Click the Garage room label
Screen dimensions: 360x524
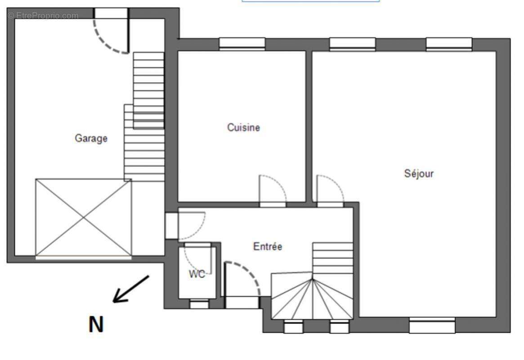(91, 138)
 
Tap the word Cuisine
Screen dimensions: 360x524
(243, 127)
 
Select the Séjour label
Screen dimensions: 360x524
(419, 173)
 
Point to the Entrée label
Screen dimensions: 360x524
(268, 247)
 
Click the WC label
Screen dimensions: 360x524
(197, 274)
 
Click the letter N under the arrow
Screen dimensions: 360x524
(96, 324)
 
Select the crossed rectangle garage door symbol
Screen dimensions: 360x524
(84, 218)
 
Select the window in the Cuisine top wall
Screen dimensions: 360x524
(242, 44)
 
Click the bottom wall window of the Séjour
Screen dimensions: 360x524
(432, 325)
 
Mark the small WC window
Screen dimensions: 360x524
(199, 304)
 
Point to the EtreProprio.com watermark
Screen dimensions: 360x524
(43, 16)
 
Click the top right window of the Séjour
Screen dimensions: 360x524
(449, 44)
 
